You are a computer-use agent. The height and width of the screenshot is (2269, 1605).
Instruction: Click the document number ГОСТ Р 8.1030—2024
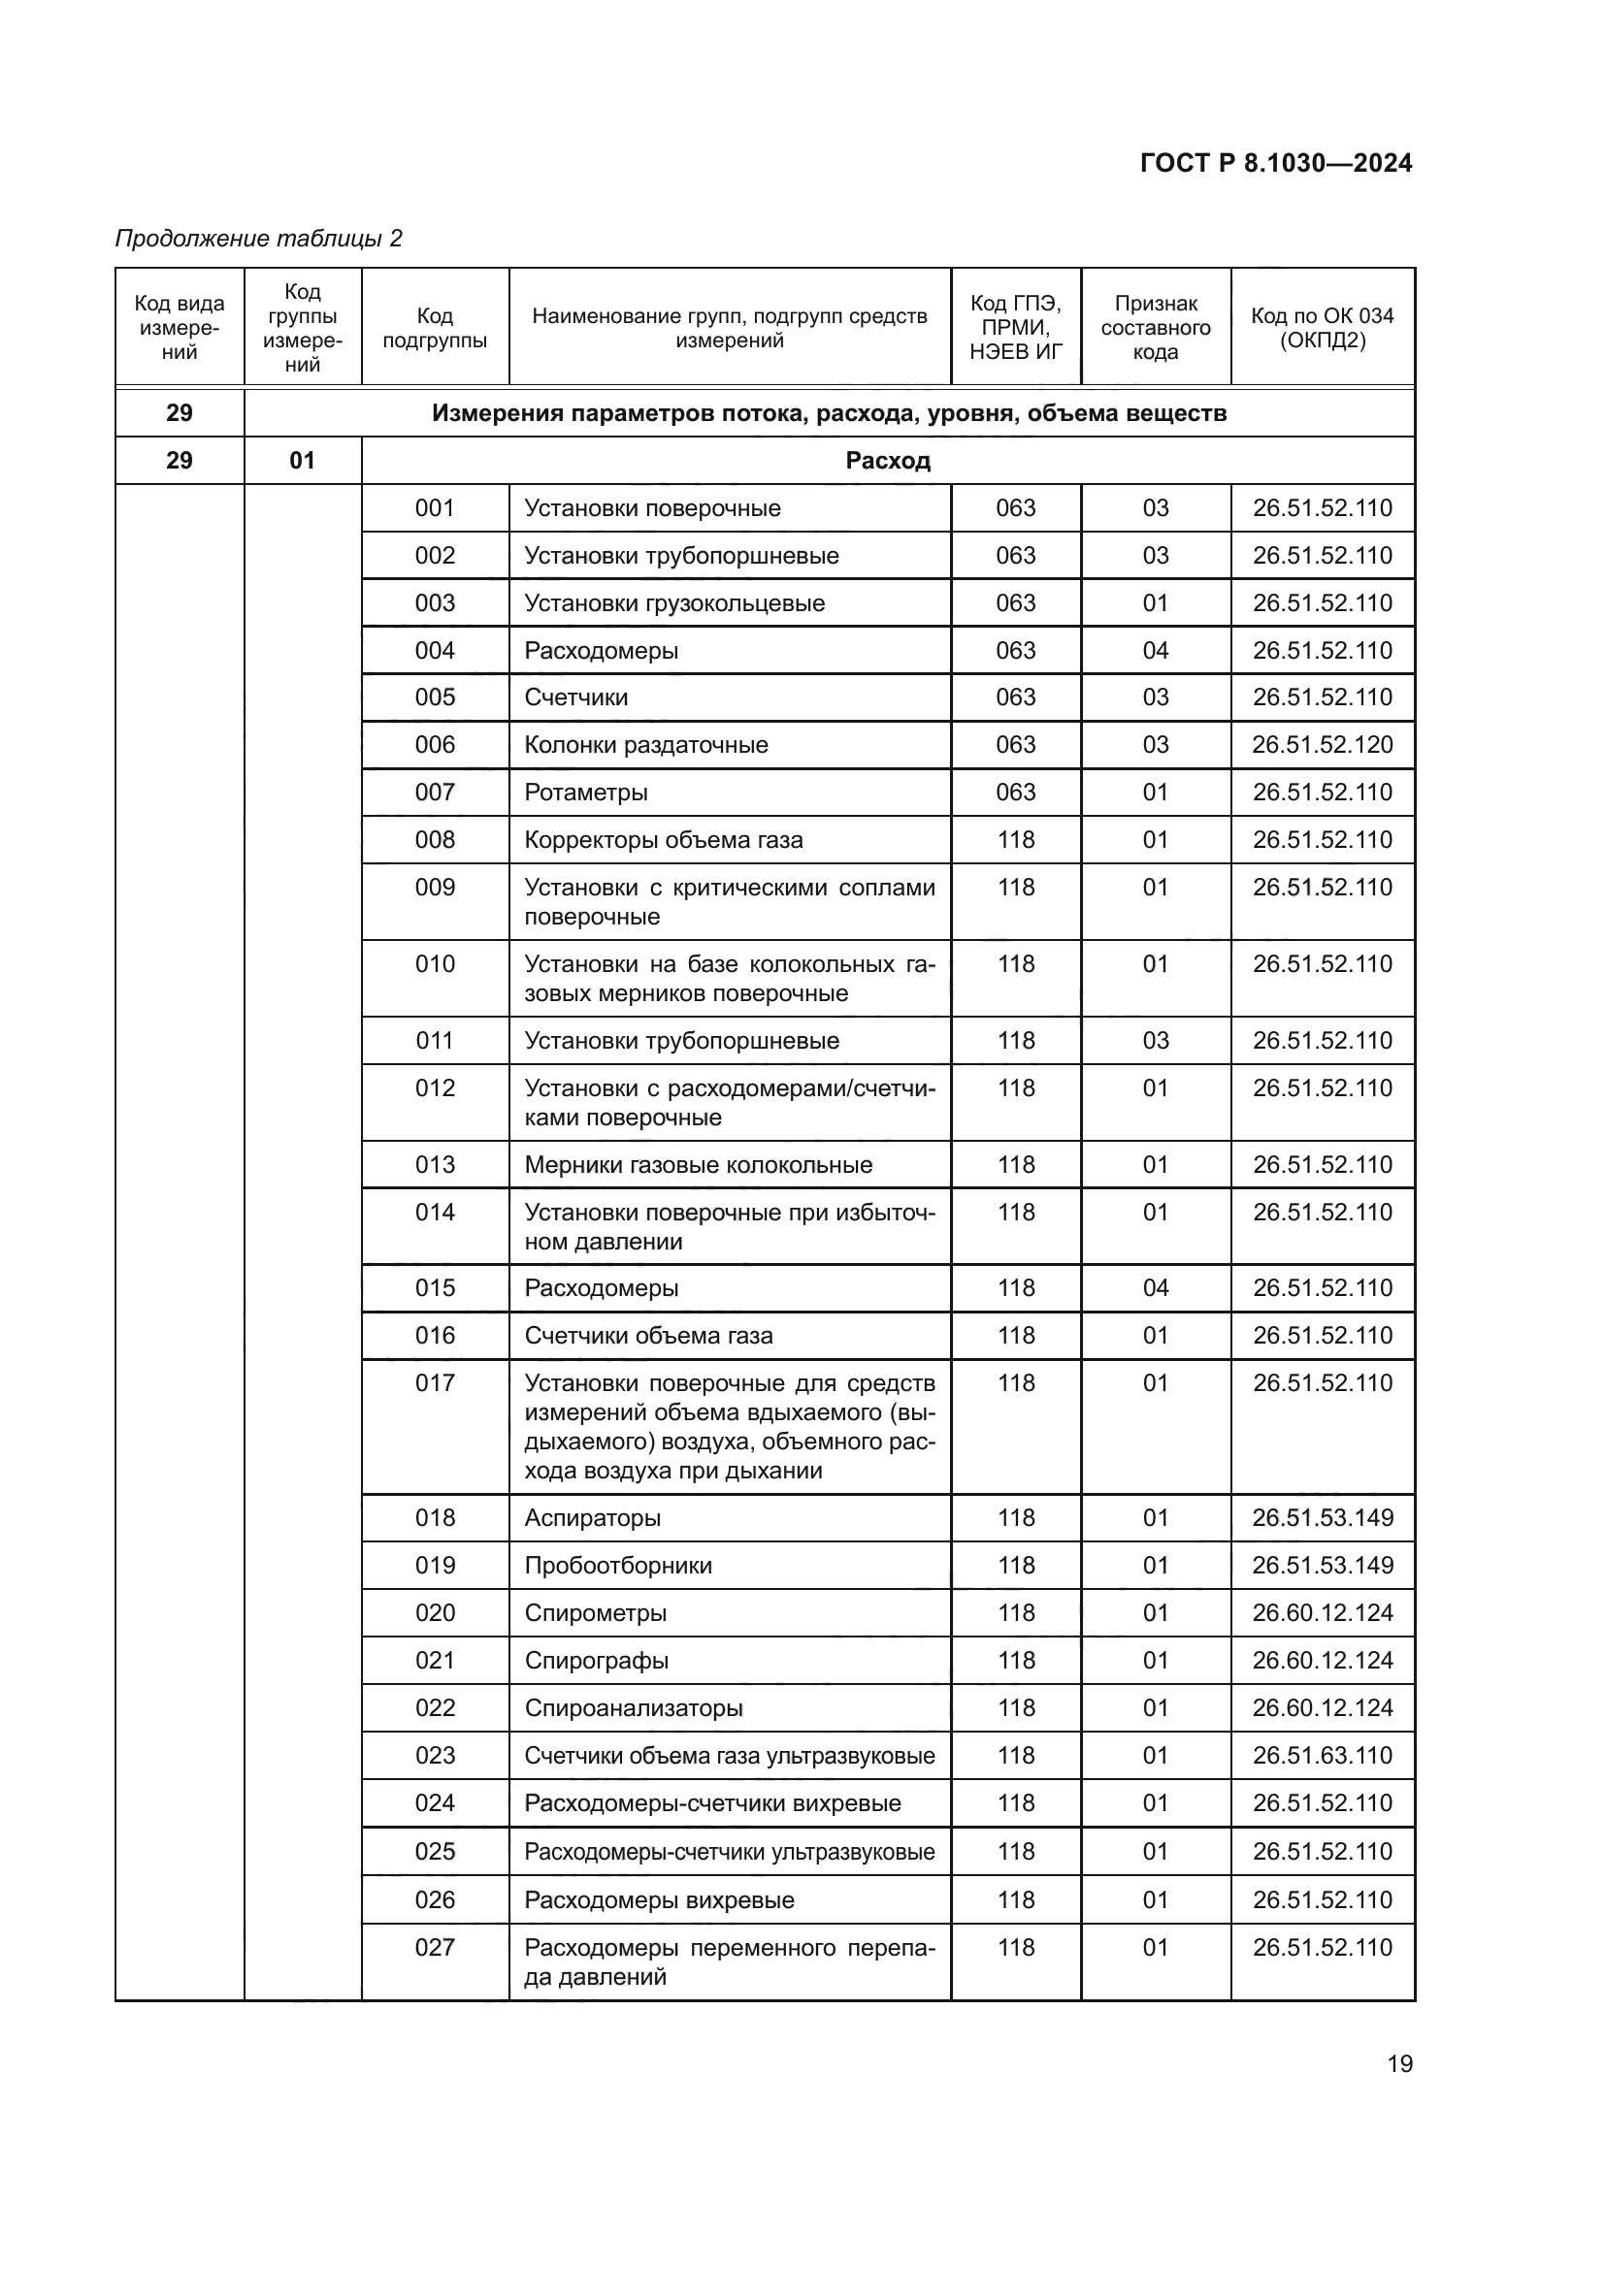pyautogui.click(x=1276, y=163)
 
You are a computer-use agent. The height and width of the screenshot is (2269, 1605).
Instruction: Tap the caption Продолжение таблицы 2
pyautogui.click(x=259, y=239)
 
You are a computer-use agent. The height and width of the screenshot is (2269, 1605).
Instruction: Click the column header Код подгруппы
pyautogui.click(x=435, y=328)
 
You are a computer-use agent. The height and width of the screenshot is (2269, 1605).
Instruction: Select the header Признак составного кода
pyautogui.click(x=1156, y=328)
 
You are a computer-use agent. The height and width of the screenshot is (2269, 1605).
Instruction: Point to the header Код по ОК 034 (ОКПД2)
pyautogui.click(x=1323, y=328)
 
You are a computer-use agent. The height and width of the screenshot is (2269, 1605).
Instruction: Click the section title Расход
pyautogui.click(x=888, y=461)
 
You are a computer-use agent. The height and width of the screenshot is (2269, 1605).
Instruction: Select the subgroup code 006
pyautogui.click(x=435, y=744)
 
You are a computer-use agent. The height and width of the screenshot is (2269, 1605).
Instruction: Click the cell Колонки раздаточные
pyautogui.click(x=646, y=744)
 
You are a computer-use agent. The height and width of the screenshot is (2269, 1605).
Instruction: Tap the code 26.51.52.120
pyautogui.click(x=1323, y=744)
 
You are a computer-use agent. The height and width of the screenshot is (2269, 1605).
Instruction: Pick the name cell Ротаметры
pyautogui.click(x=586, y=792)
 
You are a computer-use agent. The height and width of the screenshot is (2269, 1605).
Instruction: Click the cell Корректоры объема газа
pyautogui.click(x=663, y=839)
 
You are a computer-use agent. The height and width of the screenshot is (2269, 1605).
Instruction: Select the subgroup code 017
pyautogui.click(x=435, y=1382)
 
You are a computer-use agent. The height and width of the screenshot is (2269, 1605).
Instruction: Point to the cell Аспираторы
pyautogui.click(x=592, y=1517)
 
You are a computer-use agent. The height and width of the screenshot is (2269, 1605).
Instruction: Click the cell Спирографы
pyautogui.click(x=596, y=1659)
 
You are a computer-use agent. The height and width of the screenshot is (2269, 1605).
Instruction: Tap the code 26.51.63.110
pyautogui.click(x=1323, y=1755)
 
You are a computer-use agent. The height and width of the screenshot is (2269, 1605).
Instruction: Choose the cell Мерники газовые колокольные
pyautogui.click(x=698, y=1164)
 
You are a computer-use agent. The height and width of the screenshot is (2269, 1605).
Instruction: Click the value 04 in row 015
pyautogui.click(x=1156, y=1287)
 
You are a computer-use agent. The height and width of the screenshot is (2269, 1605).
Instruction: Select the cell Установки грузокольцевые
pyautogui.click(x=674, y=602)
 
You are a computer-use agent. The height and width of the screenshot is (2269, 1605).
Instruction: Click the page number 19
pyautogui.click(x=1399, y=2063)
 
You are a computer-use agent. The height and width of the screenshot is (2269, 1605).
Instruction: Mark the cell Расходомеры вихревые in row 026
pyautogui.click(x=659, y=1899)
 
